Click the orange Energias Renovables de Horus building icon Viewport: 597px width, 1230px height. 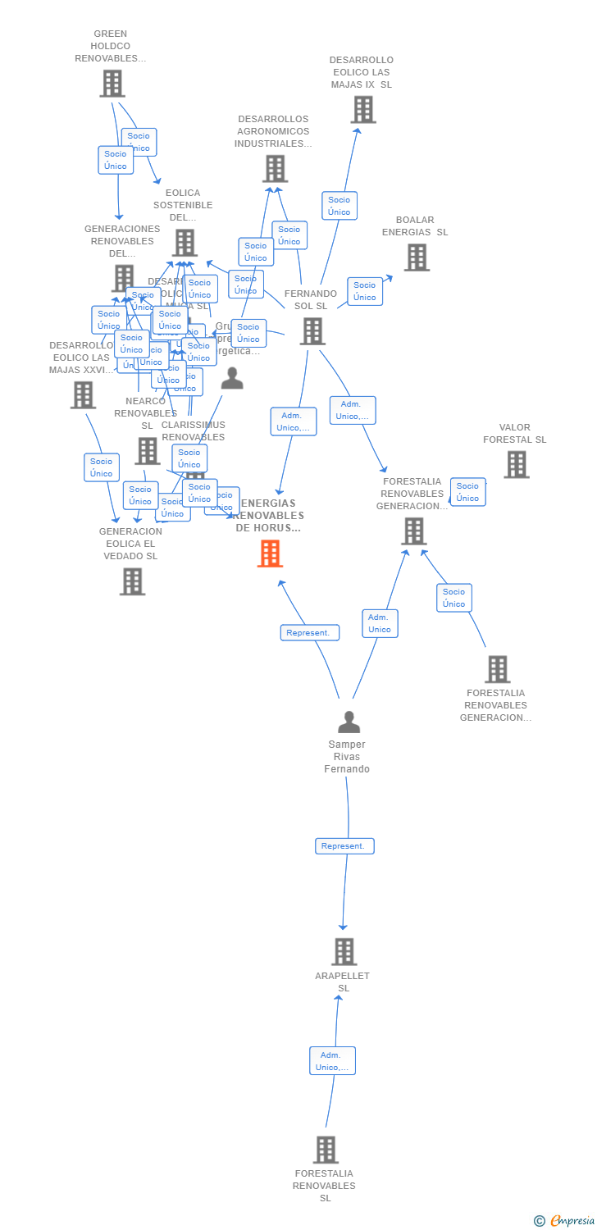270,553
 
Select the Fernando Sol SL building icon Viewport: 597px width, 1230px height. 312,331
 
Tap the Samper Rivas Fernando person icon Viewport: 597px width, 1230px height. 349,722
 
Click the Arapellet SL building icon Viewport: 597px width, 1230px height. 344,951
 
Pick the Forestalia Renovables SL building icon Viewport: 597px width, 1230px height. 326,1150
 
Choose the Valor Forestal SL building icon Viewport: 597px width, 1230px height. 516,464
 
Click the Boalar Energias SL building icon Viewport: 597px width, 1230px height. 417,257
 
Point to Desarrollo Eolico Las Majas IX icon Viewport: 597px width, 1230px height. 362,109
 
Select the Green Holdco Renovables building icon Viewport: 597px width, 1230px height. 112,84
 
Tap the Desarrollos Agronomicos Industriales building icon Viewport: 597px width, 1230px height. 275,168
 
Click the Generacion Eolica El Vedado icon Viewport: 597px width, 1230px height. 132,581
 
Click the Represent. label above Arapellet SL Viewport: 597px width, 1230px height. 344,846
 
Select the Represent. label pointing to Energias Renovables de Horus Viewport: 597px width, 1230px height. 309,633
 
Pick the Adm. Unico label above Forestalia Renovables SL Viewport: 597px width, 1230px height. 332,1061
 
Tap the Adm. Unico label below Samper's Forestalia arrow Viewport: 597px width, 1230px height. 380,623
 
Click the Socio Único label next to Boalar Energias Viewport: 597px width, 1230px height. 365,291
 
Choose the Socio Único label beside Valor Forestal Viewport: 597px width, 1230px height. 467,492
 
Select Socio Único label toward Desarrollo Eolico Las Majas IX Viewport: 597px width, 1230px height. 340,206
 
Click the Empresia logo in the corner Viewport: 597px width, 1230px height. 565,1221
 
